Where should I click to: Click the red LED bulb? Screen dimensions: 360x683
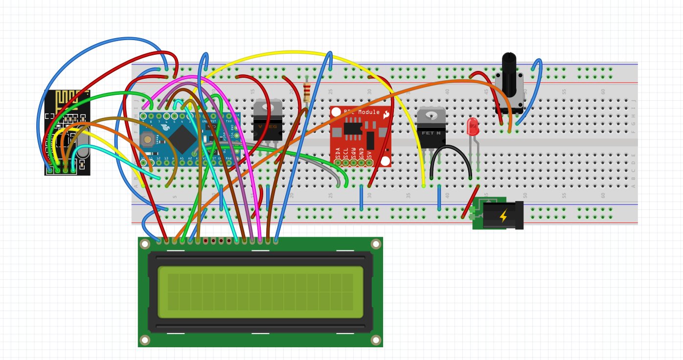(473, 127)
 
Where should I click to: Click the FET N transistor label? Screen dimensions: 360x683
(431, 133)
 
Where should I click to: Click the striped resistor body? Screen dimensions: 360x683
(307, 91)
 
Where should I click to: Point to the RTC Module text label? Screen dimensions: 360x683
(362, 112)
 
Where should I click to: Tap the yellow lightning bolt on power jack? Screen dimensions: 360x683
(502, 216)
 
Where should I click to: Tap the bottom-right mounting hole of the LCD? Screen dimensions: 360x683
(376, 340)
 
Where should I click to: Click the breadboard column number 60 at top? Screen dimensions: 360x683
(603, 91)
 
